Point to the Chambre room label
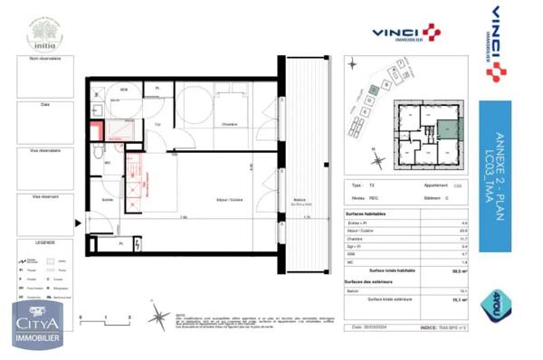pos(230,125)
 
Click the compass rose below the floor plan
pos(159,317)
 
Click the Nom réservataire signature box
pos(45,77)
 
